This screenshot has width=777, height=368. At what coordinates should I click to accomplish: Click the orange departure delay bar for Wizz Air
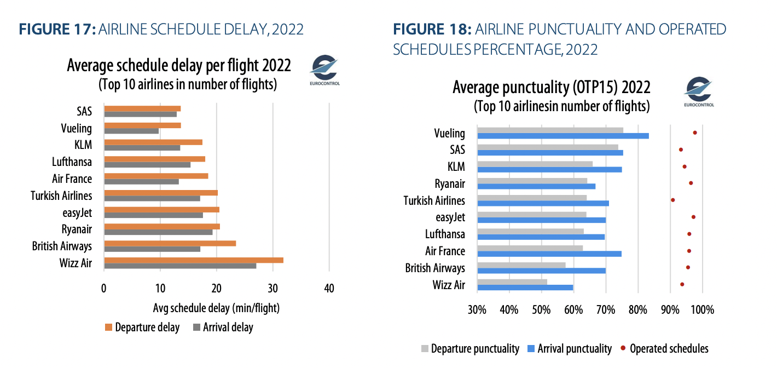pos(194,260)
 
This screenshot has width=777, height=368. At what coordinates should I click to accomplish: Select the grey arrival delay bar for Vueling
pos(131,131)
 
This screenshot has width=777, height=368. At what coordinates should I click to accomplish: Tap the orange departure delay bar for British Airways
pos(170,243)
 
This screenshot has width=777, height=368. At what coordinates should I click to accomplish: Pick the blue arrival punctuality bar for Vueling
pos(563,136)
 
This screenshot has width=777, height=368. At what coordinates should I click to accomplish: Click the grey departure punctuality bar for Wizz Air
pos(512,282)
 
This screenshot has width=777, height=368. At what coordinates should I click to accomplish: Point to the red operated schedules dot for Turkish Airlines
pos(673,200)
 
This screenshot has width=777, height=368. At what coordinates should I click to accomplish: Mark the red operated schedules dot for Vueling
pos(695,133)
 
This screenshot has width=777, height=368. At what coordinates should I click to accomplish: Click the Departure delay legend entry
pos(142,327)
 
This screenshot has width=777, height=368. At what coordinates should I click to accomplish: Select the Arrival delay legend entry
pos(223,327)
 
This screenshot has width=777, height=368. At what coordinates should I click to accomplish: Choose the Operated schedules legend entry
pos(665,348)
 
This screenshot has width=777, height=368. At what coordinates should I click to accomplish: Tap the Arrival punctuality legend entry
pos(570,348)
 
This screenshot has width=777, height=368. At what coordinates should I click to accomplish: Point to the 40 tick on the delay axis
pos(329,288)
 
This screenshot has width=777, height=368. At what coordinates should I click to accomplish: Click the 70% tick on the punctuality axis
pos(606,309)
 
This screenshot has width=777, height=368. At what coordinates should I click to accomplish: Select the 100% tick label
pos(703,309)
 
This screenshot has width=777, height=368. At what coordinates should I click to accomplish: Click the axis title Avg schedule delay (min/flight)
pos(217,308)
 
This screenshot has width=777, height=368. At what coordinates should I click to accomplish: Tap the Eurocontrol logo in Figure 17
pos(324,70)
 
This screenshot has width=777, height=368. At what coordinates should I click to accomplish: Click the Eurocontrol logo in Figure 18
pos(699,91)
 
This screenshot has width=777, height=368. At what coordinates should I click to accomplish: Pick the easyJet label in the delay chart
pos(77,212)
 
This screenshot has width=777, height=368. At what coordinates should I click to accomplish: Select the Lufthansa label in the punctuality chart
pos(445,234)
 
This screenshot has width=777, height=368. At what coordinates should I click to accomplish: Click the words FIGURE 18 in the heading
pos(432,29)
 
